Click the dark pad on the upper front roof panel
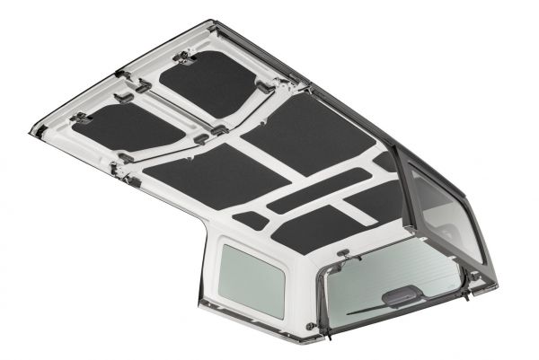point(209,83)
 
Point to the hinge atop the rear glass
point(345,265)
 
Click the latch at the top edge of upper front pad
point(186,57)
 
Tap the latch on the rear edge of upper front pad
point(264,87)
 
